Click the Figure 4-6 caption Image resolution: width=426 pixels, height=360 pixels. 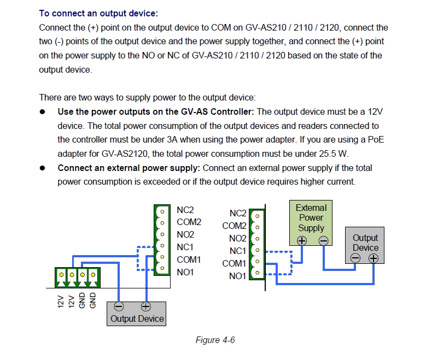(x=215, y=340)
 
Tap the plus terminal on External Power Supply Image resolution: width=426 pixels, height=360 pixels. (x=301, y=240)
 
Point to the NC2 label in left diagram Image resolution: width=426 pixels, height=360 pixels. (x=185, y=210)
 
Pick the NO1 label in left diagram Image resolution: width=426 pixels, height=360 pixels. (x=185, y=272)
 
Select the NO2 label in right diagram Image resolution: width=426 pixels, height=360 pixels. (x=237, y=238)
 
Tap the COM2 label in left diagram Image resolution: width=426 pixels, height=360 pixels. (x=189, y=222)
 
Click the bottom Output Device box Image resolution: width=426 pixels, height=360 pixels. (x=137, y=314)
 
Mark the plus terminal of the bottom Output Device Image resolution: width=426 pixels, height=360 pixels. (x=146, y=307)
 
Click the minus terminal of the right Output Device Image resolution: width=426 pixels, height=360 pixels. (x=355, y=258)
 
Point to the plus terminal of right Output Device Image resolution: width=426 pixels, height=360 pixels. (x=374, y=258)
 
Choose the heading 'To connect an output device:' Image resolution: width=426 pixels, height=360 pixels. (x=102, y=13)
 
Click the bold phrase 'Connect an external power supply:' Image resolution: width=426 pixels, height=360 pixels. (x=129, y=168)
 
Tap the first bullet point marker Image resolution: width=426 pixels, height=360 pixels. (x=42, y=112)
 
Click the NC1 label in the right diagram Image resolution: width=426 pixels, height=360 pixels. (x=237, y=251)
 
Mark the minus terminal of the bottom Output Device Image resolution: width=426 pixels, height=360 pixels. (x=119, y=307)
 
